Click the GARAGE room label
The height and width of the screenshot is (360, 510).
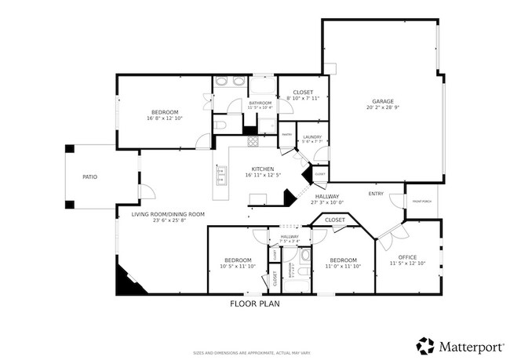(383, 101)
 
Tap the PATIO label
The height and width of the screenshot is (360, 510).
(90, 177)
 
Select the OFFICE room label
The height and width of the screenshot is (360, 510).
(407, 256)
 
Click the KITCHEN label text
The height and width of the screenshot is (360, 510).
(262, 169)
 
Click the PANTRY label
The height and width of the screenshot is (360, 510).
(287, 134)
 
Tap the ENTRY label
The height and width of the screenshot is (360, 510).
(376, 193)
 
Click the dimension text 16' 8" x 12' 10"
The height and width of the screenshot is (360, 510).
(165, 118)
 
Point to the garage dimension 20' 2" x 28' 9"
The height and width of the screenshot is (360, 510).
(383, 107)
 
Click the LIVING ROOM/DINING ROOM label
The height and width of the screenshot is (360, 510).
(168, 214)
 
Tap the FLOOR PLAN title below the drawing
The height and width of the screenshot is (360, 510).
(254, 303)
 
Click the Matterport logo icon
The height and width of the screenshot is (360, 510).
(424, 345)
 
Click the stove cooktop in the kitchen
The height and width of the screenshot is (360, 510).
(253, 142)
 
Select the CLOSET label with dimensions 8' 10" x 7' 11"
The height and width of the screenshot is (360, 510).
(303, 93)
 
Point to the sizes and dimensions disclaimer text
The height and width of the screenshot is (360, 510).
(254, 353)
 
